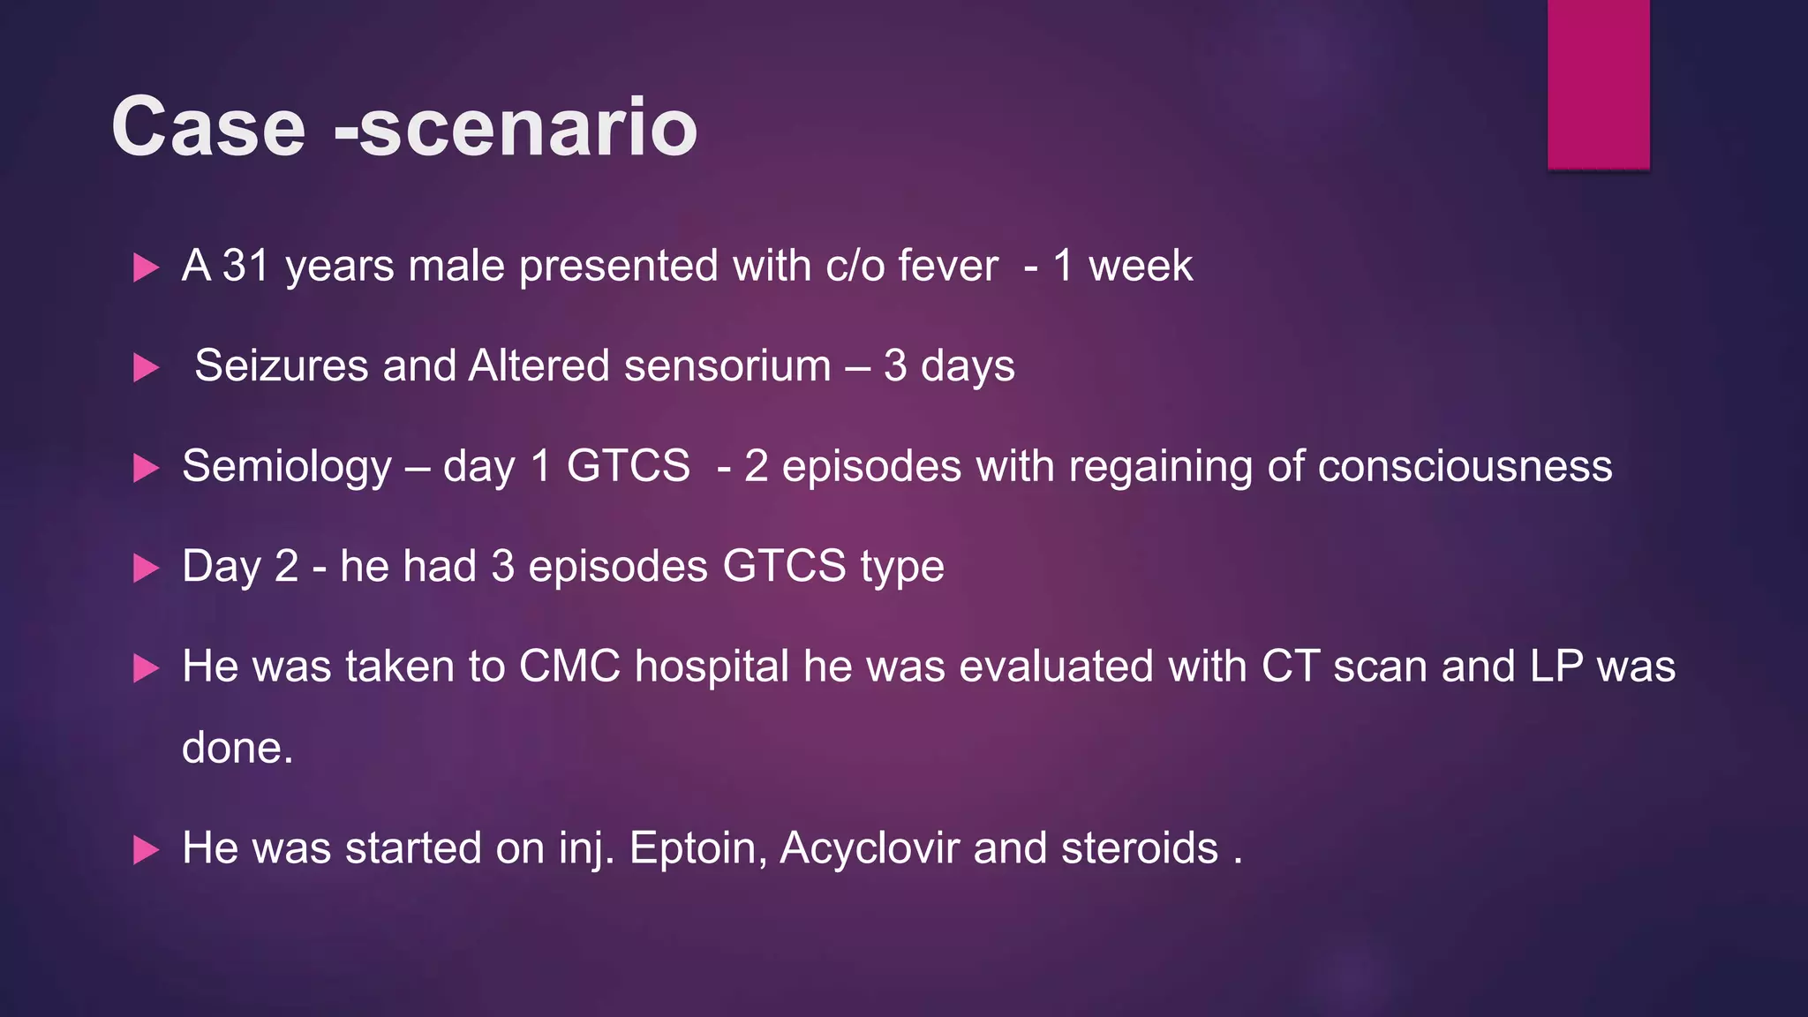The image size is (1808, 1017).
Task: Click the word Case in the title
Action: point(208,127)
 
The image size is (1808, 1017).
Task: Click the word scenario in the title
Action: point(528,127)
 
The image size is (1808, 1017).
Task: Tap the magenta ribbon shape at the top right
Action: point(1598,84)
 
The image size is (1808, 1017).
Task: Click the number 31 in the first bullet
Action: point(245,266)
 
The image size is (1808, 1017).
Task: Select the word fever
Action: point(948,266)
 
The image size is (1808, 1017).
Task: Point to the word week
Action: point(1140,266)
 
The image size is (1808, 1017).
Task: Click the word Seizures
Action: point(281,365)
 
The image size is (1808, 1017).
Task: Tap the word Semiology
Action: point(286,466)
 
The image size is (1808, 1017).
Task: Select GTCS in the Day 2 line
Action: point(784,566)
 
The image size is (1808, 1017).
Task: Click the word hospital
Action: point(712,666)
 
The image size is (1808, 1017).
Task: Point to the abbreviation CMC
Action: point(569,666)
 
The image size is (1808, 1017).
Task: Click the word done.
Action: point(237,748)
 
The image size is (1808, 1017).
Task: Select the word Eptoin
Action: point(697,848)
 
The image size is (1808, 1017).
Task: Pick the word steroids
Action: point(1139,848)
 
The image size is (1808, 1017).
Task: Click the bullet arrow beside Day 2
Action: point(146,568)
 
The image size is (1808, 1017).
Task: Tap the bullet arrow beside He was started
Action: point(146,850)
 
